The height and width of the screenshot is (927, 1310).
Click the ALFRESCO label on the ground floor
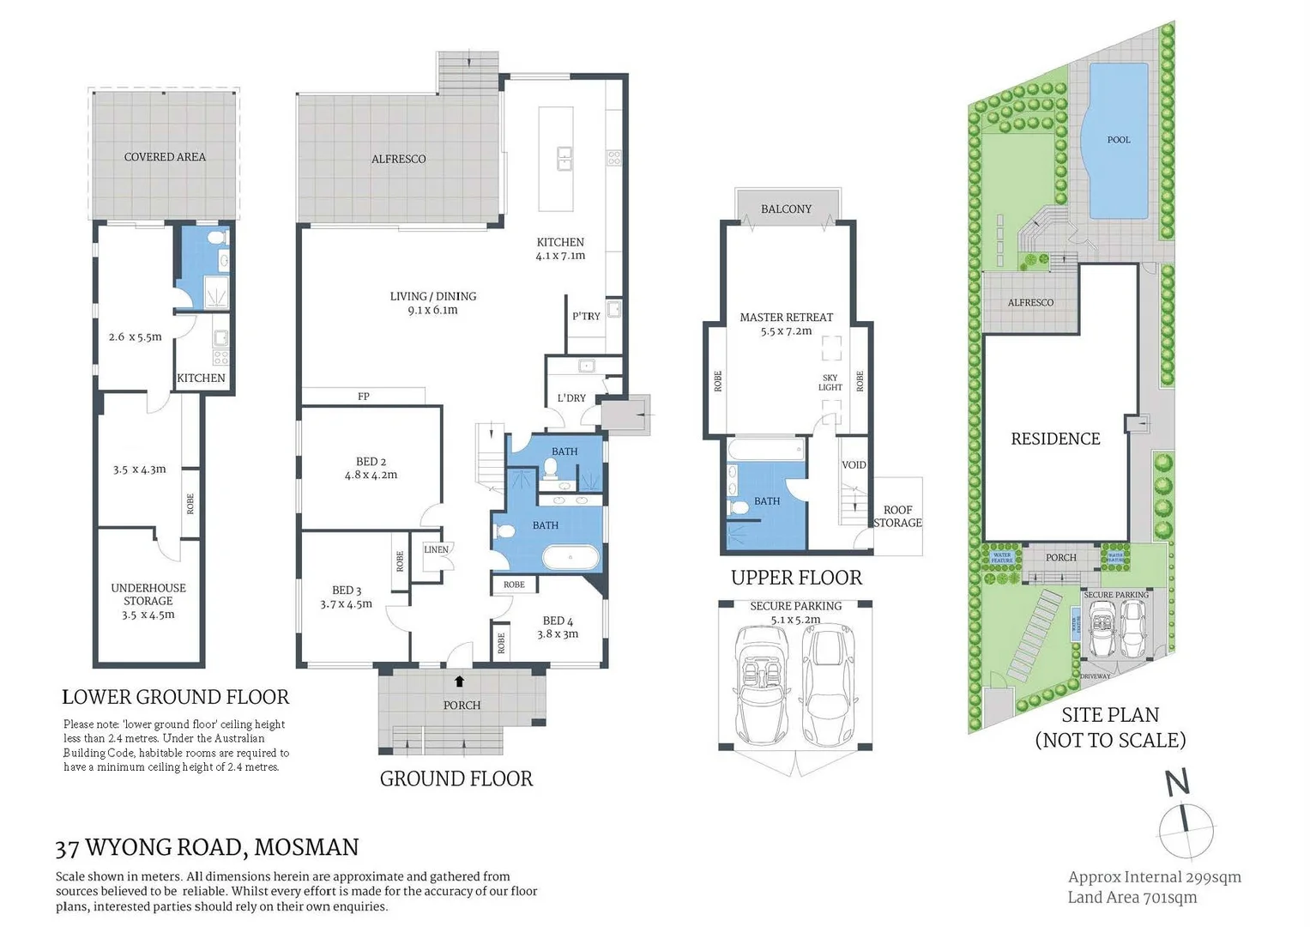point(398,159)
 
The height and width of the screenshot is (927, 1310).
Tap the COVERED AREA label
point(165,157)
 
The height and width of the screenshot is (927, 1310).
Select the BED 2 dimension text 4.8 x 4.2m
point(371,475)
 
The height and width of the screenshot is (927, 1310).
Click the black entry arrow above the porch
point(460,682)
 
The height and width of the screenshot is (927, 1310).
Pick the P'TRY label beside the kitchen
point(586,316)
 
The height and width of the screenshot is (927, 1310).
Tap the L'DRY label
point(571,397)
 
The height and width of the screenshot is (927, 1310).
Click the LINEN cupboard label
point(436,549)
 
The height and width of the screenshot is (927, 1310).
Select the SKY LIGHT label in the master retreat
point(830,383)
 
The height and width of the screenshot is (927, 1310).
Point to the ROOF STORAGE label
point(897,516)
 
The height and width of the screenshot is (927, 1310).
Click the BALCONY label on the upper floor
point(786,209)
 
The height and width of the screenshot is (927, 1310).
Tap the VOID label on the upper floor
point(854,464)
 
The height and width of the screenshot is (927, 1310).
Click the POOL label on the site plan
point(1119,140)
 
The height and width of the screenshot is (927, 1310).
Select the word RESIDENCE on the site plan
point(1055,439)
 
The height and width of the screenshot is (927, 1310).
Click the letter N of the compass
point(1177,783)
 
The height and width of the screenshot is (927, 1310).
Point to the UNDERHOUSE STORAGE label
point(148,594)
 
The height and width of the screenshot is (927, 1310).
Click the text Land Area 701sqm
point(1132,897)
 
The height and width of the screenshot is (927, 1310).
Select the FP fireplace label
point(364,397)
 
